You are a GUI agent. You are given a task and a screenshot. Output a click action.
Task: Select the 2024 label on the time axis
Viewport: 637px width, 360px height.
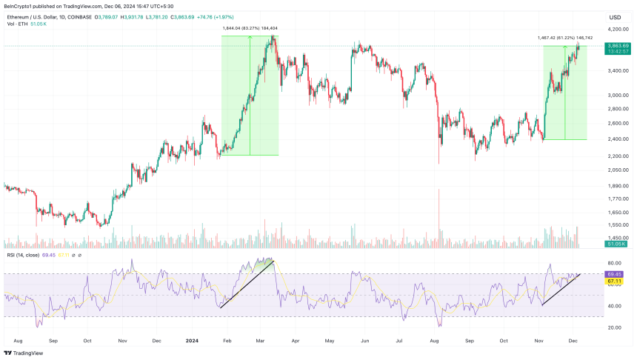point(191,340)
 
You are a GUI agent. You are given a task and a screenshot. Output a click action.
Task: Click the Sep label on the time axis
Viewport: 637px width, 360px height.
point(53,340)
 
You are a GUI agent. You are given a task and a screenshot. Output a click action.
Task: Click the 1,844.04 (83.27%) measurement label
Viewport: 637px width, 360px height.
point(249,28)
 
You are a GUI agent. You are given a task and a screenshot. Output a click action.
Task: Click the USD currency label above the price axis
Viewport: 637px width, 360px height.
point(615,17)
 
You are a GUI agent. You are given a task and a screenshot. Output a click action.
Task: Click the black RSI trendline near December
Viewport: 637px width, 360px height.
point(561,289)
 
